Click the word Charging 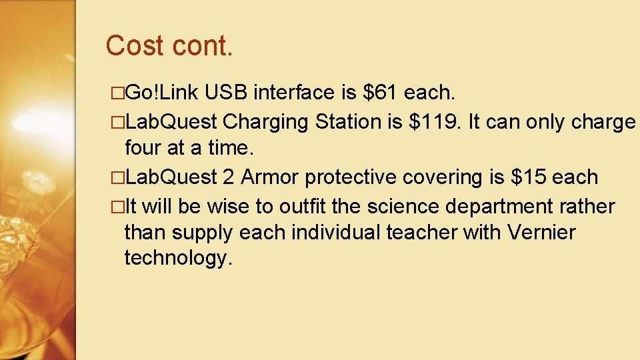click(266, 122)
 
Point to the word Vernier click(541, 233)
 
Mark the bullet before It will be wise click(118, 207)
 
